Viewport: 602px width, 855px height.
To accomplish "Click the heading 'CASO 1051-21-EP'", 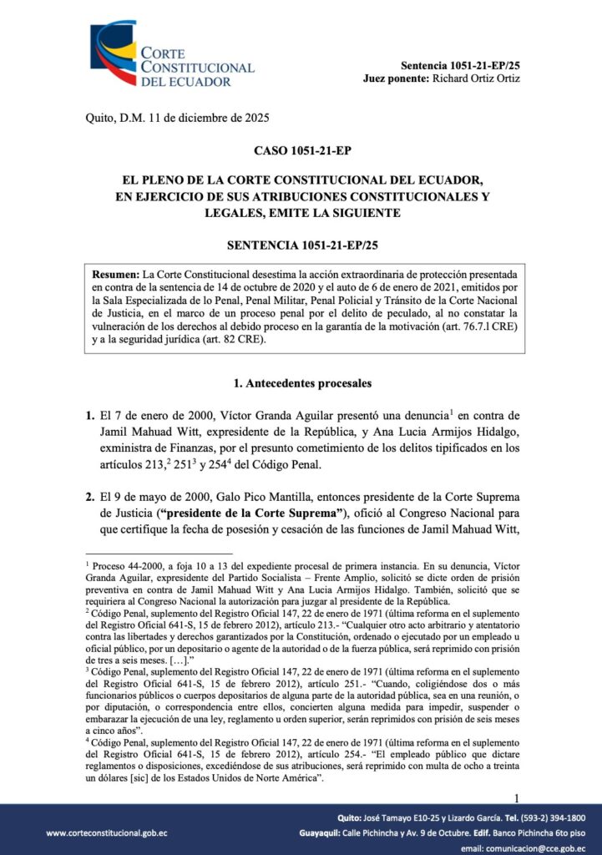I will (x=301, y=151).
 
